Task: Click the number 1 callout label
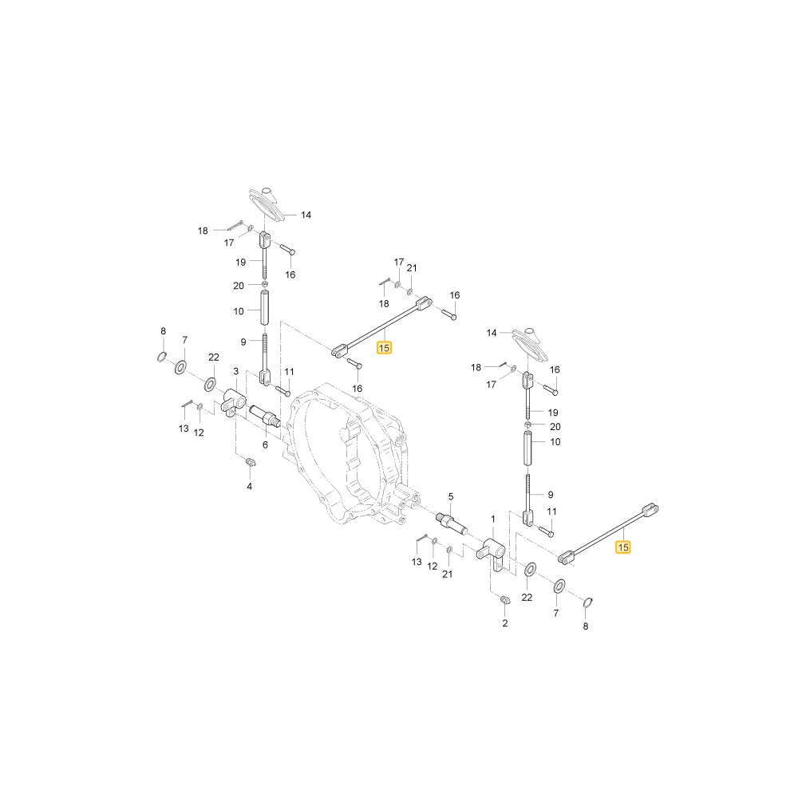[x=492, y=519]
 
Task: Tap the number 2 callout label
[x=505, y=623]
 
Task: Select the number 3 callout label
[x=235, y=372]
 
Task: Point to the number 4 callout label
[x=249, y=487]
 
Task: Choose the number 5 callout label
[x=451, y=496]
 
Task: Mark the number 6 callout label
[x=265, y=444]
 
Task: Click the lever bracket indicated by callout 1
[x=492, y=555]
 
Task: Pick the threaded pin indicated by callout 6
[x=263, y=414]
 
